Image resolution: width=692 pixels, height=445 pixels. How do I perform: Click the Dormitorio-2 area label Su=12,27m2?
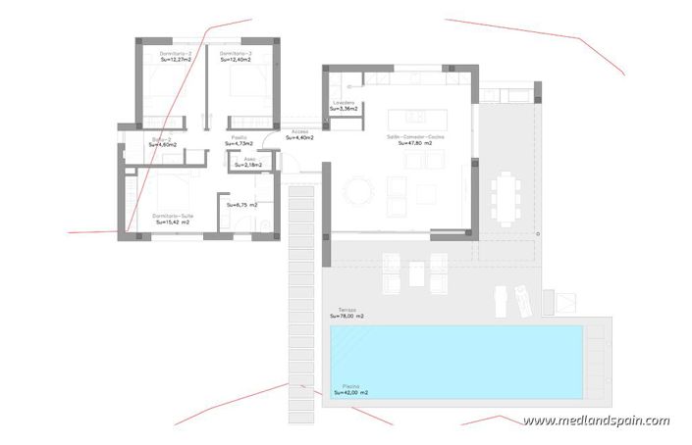click(x=176, y=60)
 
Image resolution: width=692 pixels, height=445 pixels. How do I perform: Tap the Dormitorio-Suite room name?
click(x=171, y=215)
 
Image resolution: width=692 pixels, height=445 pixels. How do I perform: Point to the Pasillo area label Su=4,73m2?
click(x=239, y=144)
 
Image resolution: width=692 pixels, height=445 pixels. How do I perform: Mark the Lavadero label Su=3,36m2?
click(x=343, y=108)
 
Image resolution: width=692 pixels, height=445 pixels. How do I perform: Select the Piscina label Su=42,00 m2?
click(x=350, y=392)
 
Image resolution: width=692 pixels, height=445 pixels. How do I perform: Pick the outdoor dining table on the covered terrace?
click(x=506, y=196)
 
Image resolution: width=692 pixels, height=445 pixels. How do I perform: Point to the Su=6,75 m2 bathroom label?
click(x=241, y=205)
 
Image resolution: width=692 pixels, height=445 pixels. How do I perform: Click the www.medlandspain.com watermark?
click(x=596, y=421)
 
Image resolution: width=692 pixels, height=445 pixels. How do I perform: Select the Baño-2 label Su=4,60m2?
click(x=165, y=144)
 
